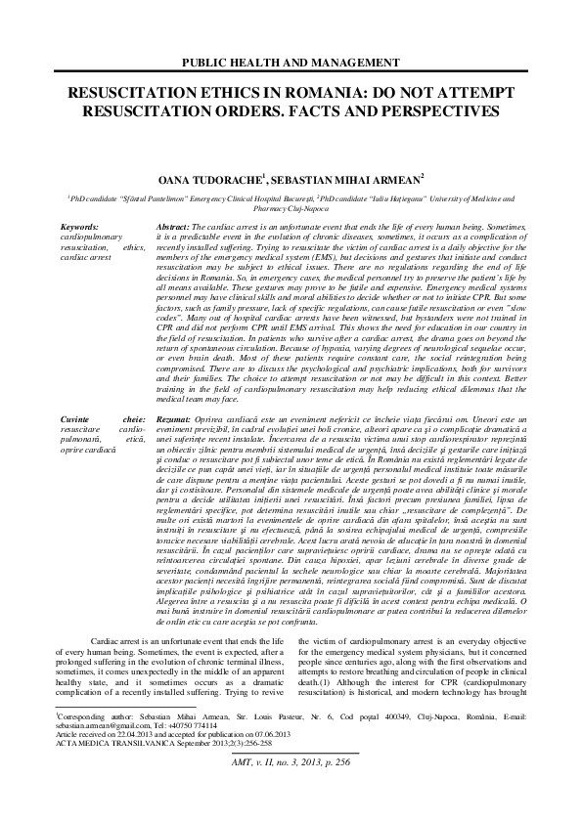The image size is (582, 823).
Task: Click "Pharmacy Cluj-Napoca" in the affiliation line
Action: (x=291, y=207)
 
